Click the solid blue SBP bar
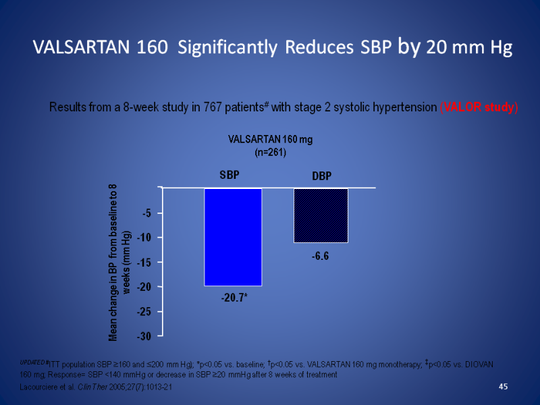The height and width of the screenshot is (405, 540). click(x=233, y=236)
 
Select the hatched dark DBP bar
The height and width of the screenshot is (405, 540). click(x=321, y=215)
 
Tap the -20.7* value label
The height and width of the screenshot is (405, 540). click(x=233, y=297)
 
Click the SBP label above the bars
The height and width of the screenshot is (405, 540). click(x=230, y=174)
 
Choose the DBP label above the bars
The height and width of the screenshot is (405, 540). click(x=321, y=176)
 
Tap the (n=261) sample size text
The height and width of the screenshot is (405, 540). click(x=270, y=153)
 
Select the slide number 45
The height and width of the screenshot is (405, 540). click(x=502, y=386)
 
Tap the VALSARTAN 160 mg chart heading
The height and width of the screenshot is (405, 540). click(x=270, y=140)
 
